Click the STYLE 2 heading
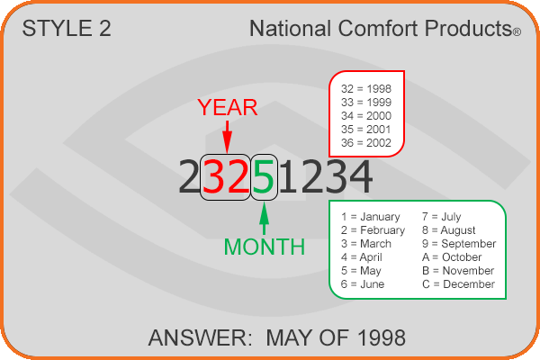67,28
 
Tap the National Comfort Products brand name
385,28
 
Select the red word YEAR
228,107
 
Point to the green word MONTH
264,247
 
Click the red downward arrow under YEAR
227,137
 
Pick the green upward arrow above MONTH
264,219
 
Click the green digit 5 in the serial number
264,176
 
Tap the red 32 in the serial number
226,176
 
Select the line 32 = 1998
366,89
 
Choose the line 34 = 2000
366,116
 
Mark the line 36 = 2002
366,142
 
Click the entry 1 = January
371,217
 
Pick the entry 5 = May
361,271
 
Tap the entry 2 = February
373,230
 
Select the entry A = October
452,257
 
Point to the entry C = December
458,284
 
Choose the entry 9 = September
459,244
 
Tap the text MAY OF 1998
336,337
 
